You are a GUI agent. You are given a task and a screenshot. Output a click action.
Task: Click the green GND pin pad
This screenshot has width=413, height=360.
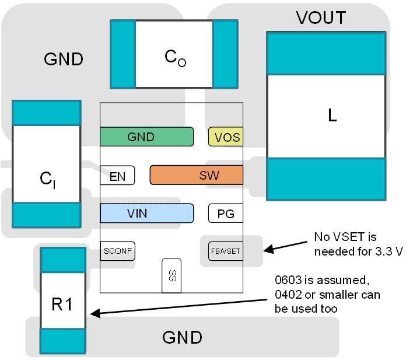(x=146, y=137)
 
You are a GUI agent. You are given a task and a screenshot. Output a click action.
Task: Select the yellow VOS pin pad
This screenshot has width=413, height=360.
(x=225, y=137)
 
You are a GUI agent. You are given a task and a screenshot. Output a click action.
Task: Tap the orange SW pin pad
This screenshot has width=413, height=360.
(x=196, y=175)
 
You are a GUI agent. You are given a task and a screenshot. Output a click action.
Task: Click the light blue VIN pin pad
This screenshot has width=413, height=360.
(x=146, y=214)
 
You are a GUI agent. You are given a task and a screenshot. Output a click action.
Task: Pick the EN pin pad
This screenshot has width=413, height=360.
(x=117, y=176)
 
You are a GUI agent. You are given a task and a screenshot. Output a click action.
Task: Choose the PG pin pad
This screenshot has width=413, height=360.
(x=225, y=214)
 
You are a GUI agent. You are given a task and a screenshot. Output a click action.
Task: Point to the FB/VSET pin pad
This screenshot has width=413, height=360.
(x=225, y=252)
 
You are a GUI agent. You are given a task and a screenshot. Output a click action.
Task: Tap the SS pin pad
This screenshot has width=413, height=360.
(x=171, y=275)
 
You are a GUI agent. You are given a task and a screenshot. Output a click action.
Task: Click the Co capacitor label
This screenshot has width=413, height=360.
(x=175, y=57)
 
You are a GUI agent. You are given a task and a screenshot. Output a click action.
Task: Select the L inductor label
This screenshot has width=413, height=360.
(x=332, y=116)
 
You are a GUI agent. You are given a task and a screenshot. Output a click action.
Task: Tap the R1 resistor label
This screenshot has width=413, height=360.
(x=62, y=303)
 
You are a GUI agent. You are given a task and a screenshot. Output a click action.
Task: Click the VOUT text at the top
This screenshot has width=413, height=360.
(x=321, y=18)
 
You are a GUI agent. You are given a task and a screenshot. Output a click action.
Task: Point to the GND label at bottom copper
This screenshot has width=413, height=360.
(x=182, y=337)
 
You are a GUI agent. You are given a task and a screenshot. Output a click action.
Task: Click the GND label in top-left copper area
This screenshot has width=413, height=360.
(x=64, y=59)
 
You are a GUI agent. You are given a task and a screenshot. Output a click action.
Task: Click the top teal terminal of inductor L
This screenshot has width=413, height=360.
(x=325, y=53)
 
